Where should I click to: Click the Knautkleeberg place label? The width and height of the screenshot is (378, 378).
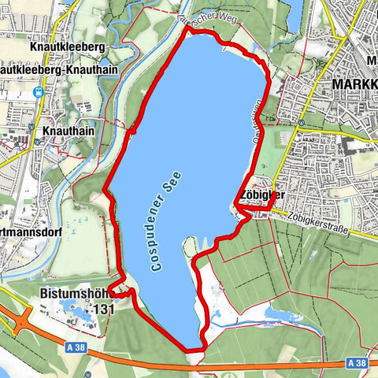click(x=68, y=46)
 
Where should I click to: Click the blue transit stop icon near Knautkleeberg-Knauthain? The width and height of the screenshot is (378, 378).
click(x=38, y=91)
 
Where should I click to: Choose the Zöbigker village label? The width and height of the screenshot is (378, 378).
click(x=259, y=196)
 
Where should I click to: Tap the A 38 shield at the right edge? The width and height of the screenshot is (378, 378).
click(x=357, y=363)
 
